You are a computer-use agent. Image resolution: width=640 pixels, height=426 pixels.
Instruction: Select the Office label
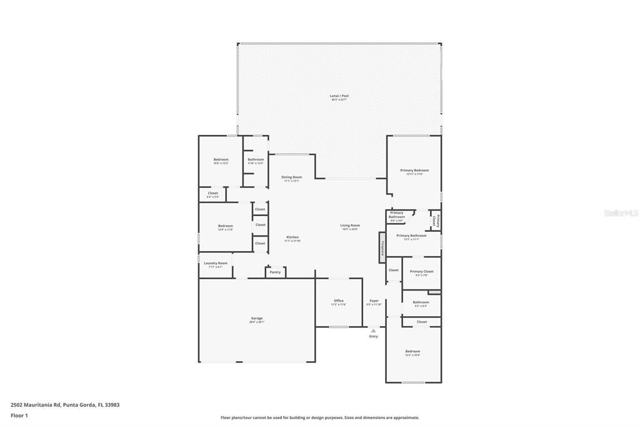click(338, 302)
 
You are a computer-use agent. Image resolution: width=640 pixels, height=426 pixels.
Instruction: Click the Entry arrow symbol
click(373, 330)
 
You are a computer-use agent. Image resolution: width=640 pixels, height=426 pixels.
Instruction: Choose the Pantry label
click(275, 272)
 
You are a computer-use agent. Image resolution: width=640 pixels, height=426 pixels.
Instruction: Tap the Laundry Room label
click(216, 264)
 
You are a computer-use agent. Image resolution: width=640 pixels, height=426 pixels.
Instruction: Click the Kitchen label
click(292, 238)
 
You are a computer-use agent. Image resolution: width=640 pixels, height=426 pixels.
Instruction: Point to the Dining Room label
click(291, 178)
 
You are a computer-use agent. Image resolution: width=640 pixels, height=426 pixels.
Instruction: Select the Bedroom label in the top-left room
click(221, 161)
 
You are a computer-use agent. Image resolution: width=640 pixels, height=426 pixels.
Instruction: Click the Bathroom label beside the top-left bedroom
click(256, 161)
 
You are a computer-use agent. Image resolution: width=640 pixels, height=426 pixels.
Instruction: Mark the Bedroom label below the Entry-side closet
click(412, 352)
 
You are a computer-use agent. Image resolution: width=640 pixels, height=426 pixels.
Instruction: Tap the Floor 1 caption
click(19, 415)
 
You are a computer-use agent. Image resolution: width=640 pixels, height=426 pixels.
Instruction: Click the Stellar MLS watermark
click(621, 213)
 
